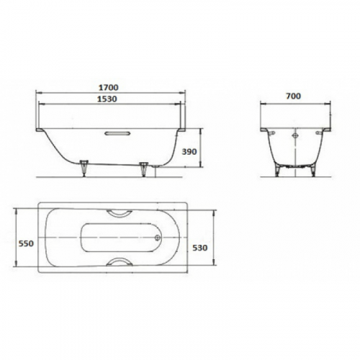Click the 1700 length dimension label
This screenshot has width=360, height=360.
tap(109, 88)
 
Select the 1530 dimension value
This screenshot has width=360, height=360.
tap(107, 99)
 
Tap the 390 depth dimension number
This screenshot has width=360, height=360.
tap(189, 152)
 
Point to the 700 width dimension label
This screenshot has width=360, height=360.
tap(293, 96)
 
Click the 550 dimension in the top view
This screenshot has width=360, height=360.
tap(26, 243)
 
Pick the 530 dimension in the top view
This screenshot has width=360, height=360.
tap(200, 248)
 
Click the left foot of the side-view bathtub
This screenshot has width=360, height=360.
tap(84, 168)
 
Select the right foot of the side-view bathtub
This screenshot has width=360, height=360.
tap(143, 169)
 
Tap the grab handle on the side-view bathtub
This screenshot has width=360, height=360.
tap(117, 133)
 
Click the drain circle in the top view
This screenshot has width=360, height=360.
tap(158, 238)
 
